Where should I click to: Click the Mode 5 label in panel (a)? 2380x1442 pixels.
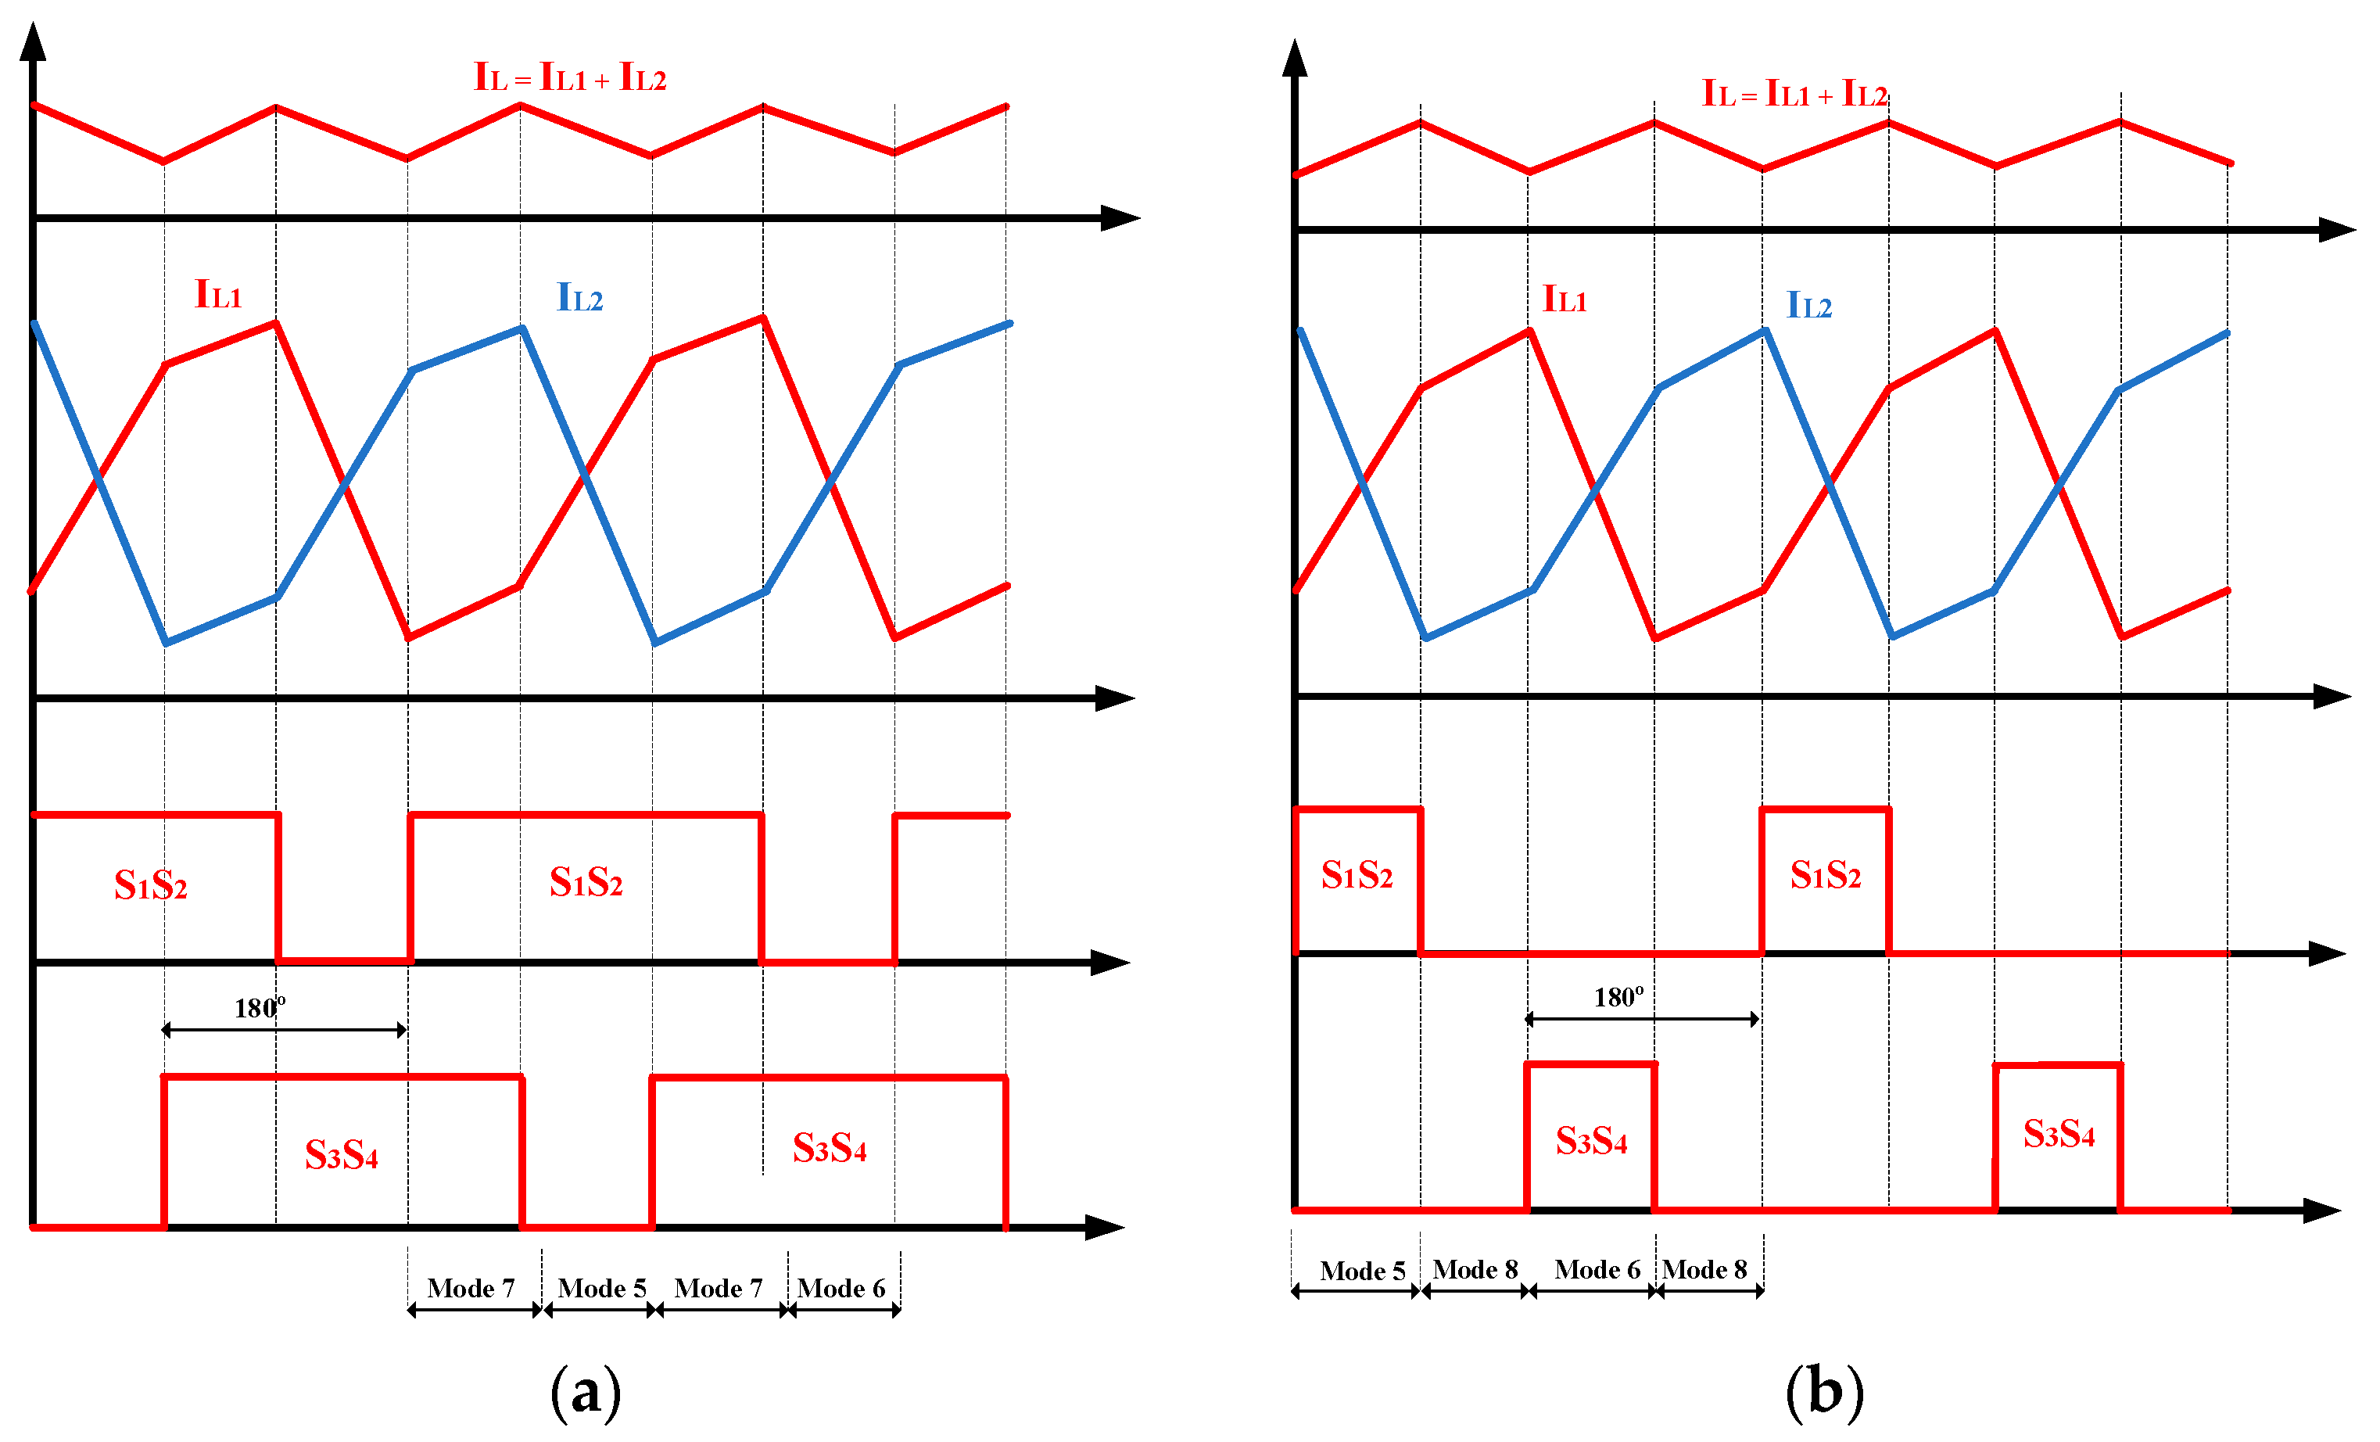[x=602, y=1289]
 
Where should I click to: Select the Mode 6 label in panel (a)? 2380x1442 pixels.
[x=841, y=1289]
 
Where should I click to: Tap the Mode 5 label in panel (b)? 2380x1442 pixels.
[x=1362, y=1271]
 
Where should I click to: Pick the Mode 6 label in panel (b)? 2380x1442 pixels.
[x=1597, y=1269]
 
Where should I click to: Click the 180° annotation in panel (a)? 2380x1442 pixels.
[x=259, y=1008]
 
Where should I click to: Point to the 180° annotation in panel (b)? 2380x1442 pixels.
[x=1618, y=998]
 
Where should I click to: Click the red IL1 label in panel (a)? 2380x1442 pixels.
[x=218, y=295]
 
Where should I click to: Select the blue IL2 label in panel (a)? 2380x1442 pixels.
[x=579, y=297]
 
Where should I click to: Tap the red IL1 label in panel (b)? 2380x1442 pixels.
[x=1564, y=300]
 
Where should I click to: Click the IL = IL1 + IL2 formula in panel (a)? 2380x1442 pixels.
[x=570, y=77]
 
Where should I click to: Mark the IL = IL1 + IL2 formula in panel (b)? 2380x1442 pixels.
[x=1794, y=94]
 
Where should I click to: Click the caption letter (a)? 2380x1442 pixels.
[x=586, y=1392]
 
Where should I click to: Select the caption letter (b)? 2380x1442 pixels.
[x=1823, y=1392]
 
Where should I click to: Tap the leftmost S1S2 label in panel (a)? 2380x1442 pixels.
[x=151, y=884]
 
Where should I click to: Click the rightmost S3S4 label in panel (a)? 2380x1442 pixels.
[x=830, y=1149]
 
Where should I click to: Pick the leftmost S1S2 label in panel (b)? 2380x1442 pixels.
[x=1356, y=875]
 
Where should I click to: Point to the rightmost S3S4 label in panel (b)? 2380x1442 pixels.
[x=2059, y=1134]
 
